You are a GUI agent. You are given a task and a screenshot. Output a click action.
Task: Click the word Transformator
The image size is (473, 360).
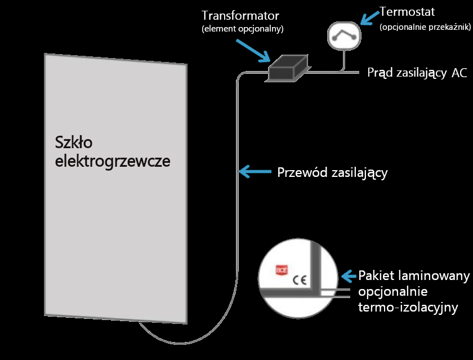coord(240,15)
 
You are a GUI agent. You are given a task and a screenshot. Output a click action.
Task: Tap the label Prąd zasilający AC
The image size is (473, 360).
coord(417,73)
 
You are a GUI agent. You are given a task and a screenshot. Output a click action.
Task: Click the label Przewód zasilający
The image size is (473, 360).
coord(333,172)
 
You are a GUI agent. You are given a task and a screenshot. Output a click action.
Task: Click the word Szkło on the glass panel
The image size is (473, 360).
coord(76,141)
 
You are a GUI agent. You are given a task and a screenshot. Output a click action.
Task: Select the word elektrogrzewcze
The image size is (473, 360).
coord(113,161)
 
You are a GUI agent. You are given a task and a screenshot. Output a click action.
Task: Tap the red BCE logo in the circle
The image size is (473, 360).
coord(280,270)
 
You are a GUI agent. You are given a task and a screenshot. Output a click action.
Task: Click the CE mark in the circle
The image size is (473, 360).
coord(299,278)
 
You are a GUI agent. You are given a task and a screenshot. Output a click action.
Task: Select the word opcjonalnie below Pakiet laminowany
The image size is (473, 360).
coord(393,292)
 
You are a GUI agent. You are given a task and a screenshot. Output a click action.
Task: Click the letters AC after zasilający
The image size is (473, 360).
coord(459,73)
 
